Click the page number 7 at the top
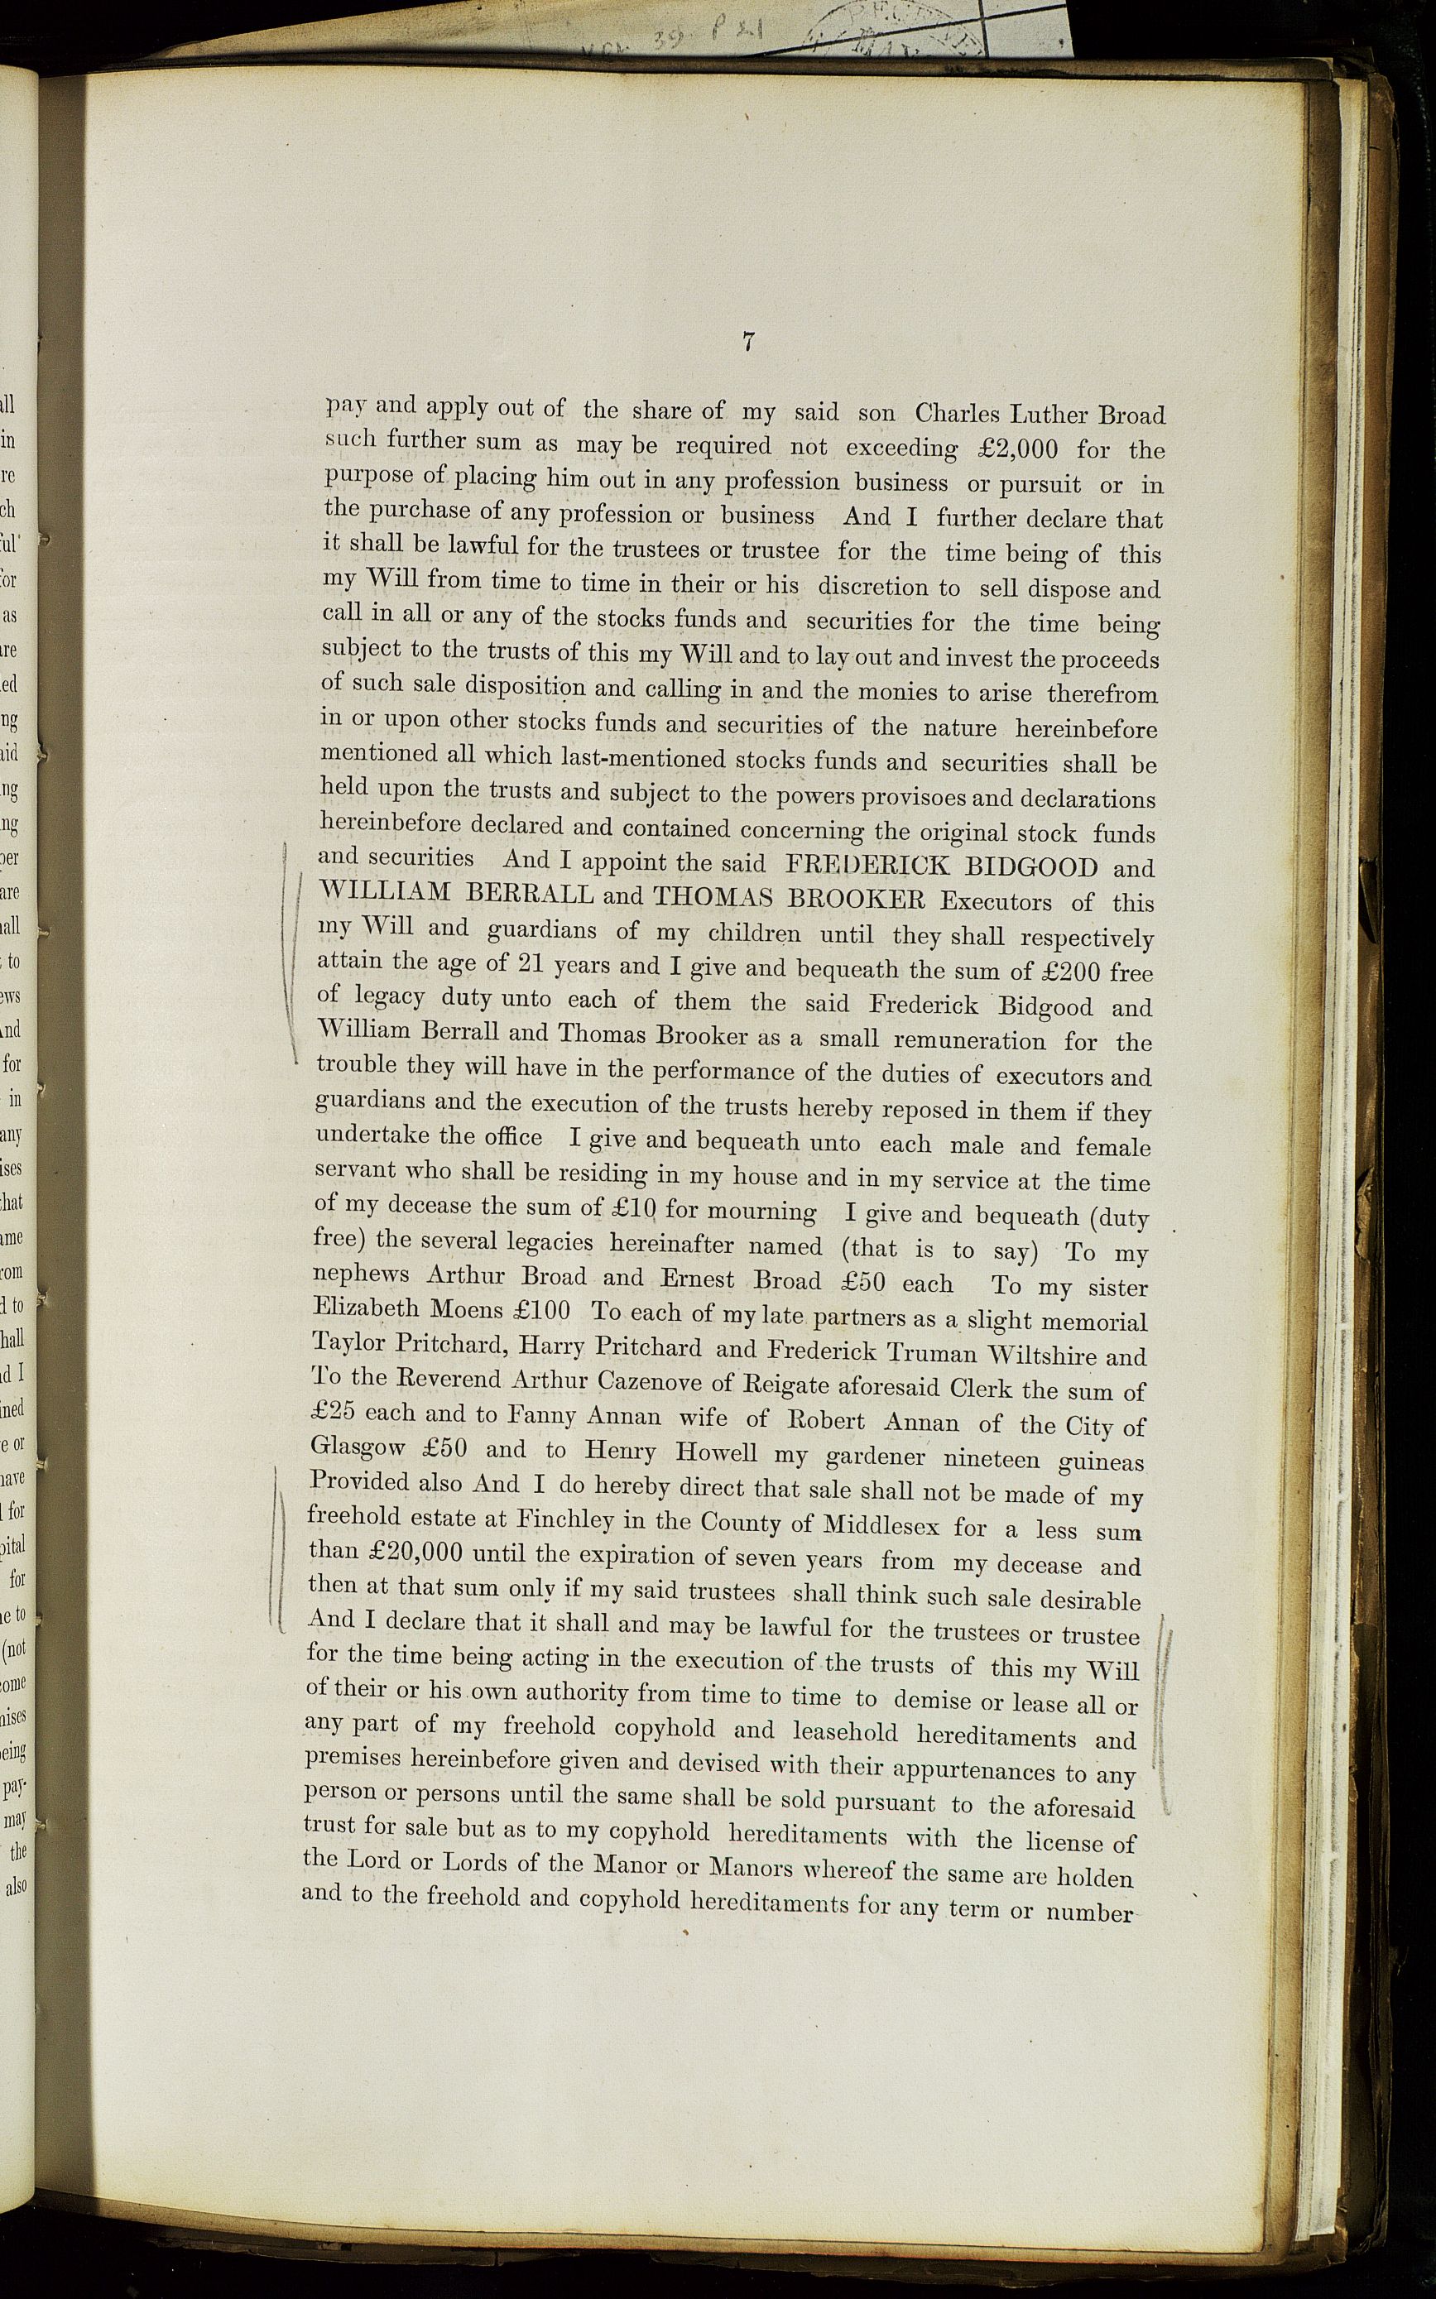[x=748, y=343]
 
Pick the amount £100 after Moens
[x=540, y=1312]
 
